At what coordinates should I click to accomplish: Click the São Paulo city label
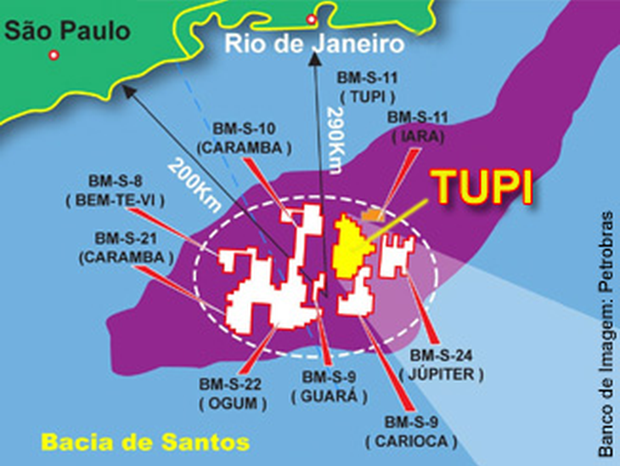(68, 31)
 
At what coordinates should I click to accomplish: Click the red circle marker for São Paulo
(54, 55)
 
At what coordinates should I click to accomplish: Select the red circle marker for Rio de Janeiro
(312, 19)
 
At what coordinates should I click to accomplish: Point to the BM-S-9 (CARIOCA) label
(411, 432)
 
